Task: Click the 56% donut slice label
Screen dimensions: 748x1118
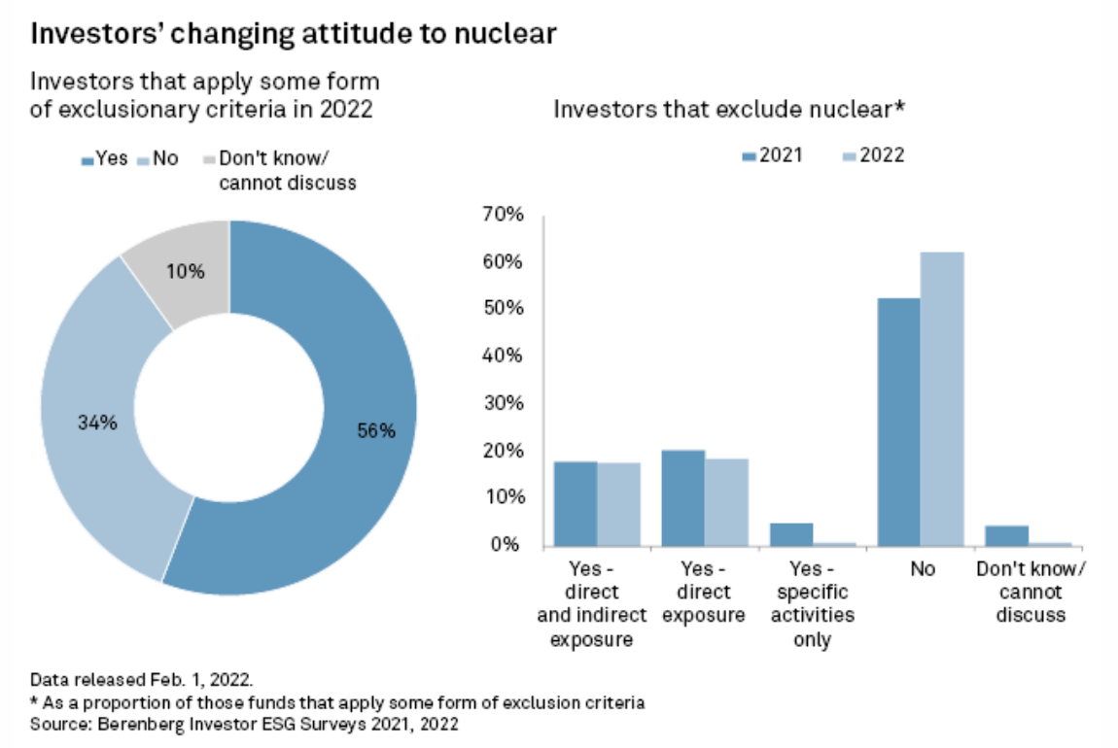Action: pyautogui.click(x=375, y=431)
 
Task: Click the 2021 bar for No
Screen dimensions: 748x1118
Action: pyautogui.click(x=898, y=422)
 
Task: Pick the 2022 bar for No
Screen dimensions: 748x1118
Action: pyautogui.click(x=942, y=398)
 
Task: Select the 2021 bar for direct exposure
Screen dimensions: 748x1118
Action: pyautogui.click(x=682, y=497)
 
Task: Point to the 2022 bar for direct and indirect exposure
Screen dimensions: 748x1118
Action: pyautogui.click(x=618, y=503)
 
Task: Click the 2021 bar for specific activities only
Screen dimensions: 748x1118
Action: pyautogui.click(x=790, y=533)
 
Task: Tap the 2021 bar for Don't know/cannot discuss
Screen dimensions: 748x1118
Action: pyautogui.click(x=1006, y=535)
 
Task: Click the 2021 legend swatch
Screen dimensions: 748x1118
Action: pyautogui.click(x=749, y=155)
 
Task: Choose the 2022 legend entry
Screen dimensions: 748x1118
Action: pyautogui.click(x=873, y=155)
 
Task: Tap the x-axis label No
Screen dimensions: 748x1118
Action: pyautogui.click(x=921, y=569)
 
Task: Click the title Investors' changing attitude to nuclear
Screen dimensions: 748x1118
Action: pyautogui.click(x=294, y=34)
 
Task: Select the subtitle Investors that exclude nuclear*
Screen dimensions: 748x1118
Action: pyautogui.click(x=729, y=109)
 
